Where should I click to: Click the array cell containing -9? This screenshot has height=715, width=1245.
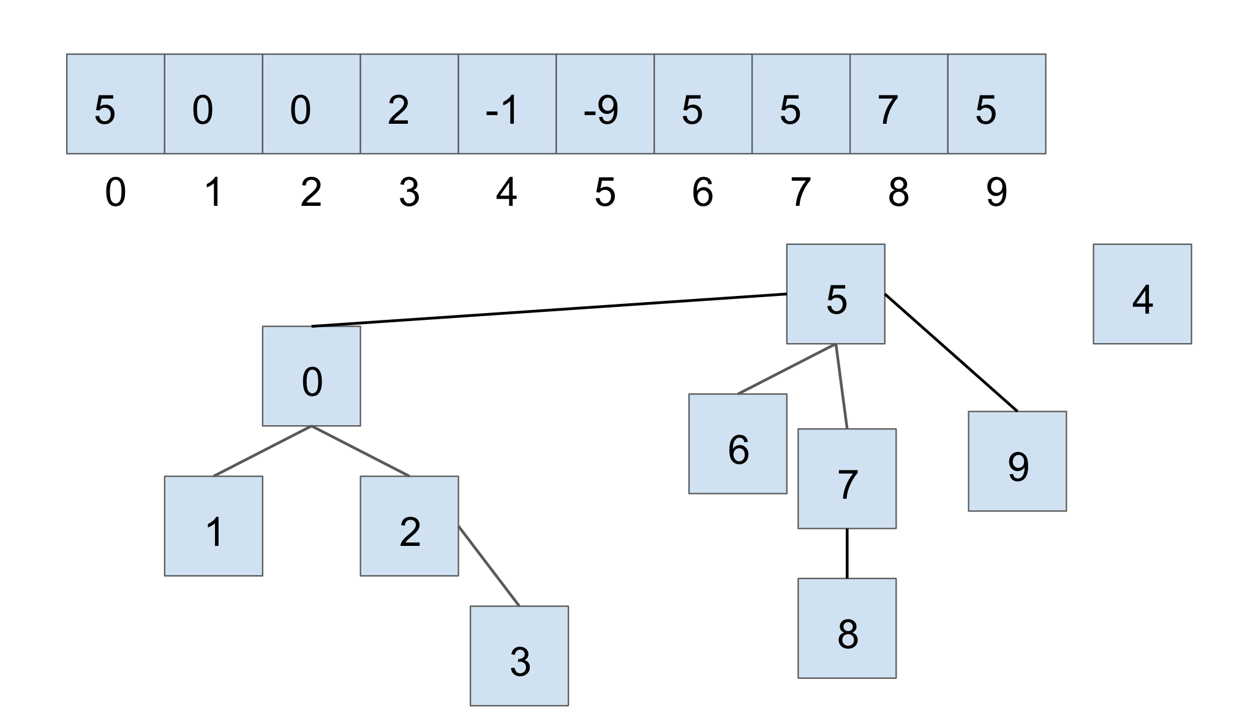coord(605,104)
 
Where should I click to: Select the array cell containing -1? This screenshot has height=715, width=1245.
coord(507,104)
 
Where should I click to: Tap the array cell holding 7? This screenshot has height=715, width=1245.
coord(898,104)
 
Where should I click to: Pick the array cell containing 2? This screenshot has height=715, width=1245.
coord(409,104)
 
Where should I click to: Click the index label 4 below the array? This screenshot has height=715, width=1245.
coord(506,192)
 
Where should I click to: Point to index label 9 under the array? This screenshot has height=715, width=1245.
coord(996,192)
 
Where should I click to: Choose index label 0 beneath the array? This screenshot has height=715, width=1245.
coord(115,192)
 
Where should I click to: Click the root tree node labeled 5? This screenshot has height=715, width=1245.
coord(835,294)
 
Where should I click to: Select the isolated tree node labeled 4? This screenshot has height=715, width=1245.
coord(1142,294)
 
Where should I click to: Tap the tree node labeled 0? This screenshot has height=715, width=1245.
coord(311,376)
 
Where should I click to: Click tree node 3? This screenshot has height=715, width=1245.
coord(519,656)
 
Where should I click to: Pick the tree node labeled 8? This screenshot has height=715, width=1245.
coord(847,628)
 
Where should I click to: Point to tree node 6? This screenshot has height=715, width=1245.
coord(737,444)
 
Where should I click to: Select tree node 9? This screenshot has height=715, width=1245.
coord(1017,461)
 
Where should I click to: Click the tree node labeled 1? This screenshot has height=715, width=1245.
coord(213,526)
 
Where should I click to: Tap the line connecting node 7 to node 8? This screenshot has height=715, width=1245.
coord(847,553)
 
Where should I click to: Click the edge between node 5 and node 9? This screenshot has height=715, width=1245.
coord(951,353)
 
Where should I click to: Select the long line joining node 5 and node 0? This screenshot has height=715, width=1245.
coord(549,310)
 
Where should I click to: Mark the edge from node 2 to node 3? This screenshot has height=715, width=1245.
coord(489,566)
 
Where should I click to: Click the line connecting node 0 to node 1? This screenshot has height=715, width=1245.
coord(262,451)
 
